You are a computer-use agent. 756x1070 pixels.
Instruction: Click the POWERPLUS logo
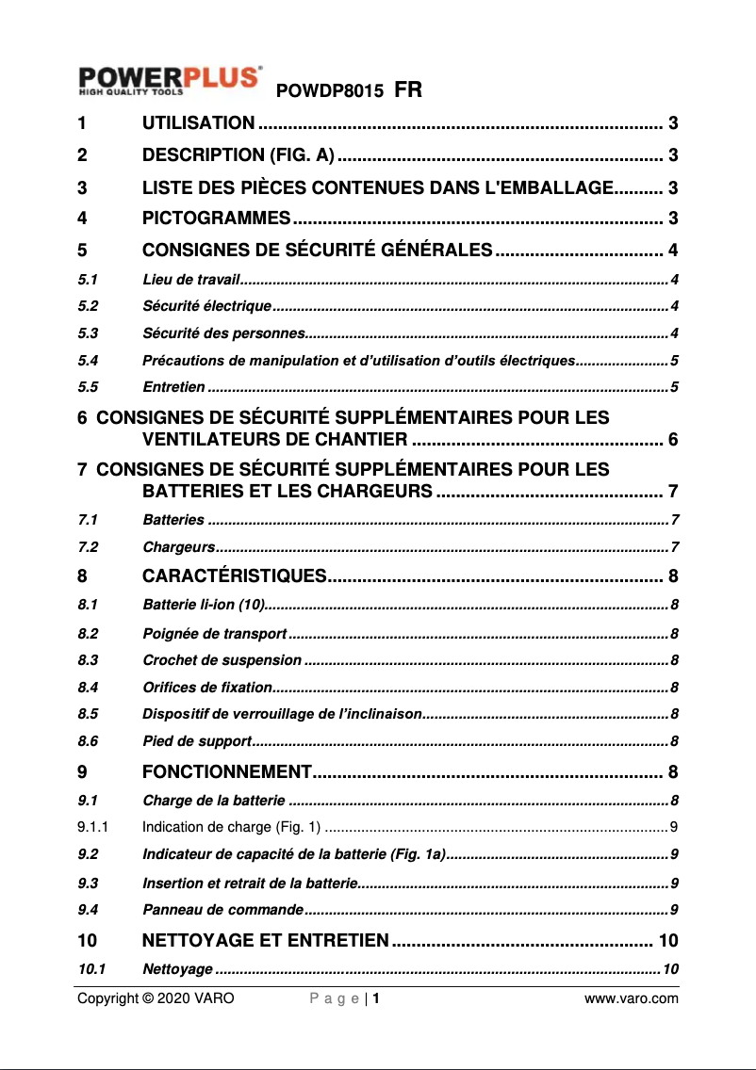[170, 80]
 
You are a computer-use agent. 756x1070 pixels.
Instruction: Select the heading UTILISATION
[197, 122]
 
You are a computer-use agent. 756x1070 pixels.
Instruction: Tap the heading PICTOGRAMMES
[215, 219]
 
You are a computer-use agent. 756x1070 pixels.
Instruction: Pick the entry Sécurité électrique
[206, 306]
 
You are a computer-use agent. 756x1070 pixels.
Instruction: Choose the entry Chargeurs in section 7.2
[178, 547]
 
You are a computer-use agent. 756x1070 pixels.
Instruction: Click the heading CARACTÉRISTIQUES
[234, 576]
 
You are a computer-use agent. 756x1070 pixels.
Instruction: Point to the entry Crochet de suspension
[222, 660]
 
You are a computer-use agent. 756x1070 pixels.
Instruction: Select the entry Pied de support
[196, 741]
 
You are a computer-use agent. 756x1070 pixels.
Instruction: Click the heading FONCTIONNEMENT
[226, 773]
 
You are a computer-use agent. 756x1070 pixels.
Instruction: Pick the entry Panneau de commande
[222, 909]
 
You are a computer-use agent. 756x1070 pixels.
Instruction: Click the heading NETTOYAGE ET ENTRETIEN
[265, 940]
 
